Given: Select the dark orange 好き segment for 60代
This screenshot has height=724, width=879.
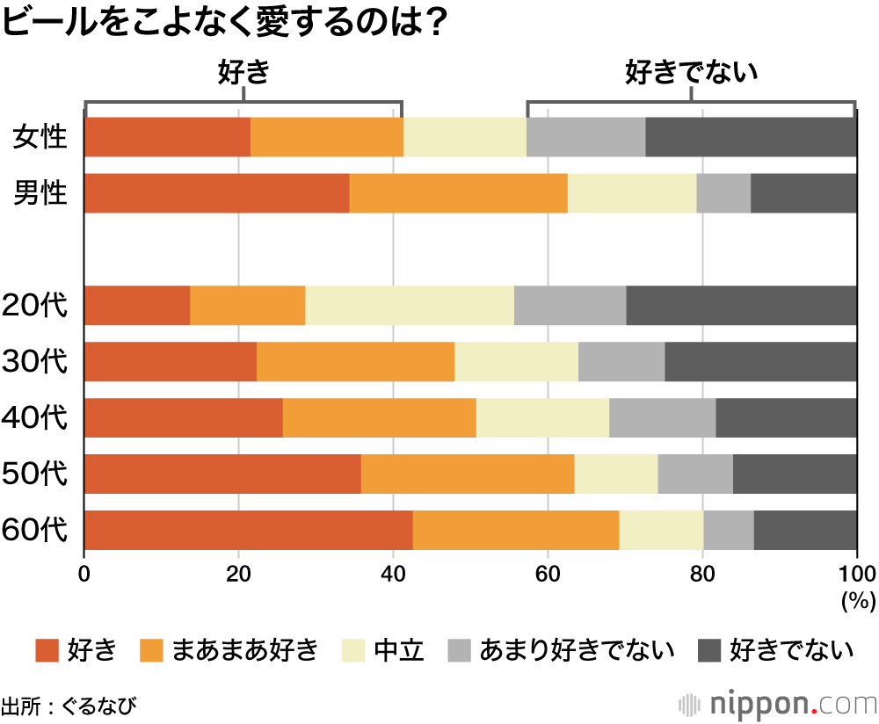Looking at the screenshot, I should pyautogui.click(x=248, y=530).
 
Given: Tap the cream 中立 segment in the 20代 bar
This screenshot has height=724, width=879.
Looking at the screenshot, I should pyautogui.click(x=409, y=305).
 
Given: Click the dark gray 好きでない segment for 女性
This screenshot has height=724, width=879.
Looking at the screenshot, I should pyautogui.click(x=751, y=137).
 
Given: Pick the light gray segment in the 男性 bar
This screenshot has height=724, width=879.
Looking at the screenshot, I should pyautogui.click(x=723, y=193).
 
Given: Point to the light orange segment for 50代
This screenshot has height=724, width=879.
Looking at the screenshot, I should pyautogui.click(x=467, y=474).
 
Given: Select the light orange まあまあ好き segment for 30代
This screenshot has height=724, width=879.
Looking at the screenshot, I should pyautogui.click(x=355, y=361).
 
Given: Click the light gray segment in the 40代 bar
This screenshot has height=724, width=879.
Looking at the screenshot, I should pyautogui.click(x=662, y=417).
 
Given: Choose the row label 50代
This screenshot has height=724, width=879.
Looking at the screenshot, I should pyautogui.click(x=35, y=474).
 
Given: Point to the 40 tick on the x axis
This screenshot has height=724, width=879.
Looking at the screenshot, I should pyautogui.click(x=393, y=575).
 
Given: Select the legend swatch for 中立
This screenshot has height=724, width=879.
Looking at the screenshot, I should pyautogui.click(x=355, y=650).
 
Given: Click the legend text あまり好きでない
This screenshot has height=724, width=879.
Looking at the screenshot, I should pyautogui.click(x=577, y=650).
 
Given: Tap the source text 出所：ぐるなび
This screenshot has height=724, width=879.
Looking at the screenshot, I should pyautogui.click(x=69, y=705).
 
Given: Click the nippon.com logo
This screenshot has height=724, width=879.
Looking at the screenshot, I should pyautogui.click(x=779, y=704).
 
